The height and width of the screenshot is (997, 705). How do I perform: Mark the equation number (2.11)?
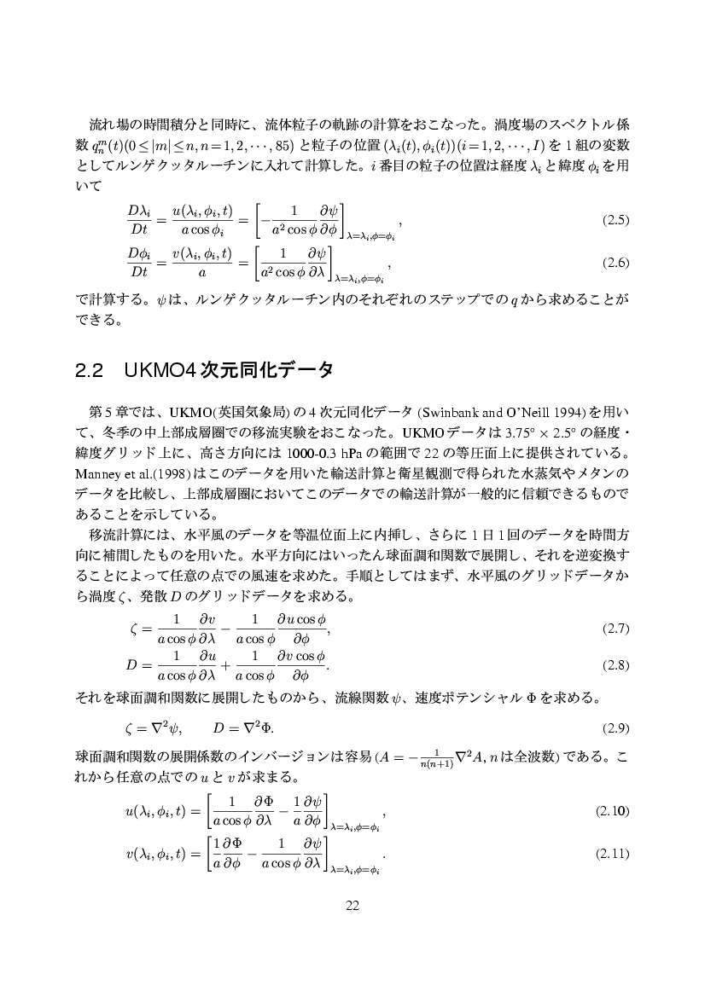tap(615, 853)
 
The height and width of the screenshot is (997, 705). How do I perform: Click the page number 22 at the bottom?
tap(352, 906)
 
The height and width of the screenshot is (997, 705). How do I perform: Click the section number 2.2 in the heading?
tap(90, 371)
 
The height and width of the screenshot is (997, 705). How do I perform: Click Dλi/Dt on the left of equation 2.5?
tap(138, 220)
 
